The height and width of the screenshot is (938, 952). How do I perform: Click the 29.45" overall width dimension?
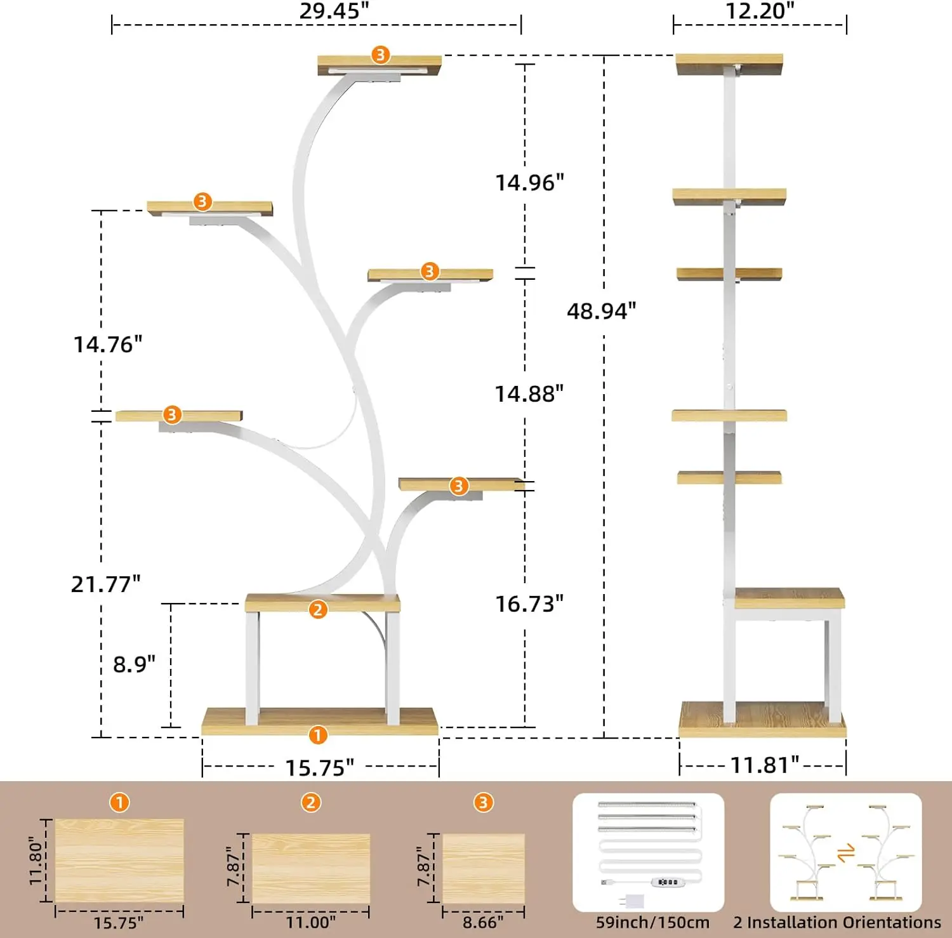(x=334, y=11)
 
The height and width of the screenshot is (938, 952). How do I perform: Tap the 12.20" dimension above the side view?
(x=760, y=11)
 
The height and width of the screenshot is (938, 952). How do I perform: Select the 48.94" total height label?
(x=601, y=311)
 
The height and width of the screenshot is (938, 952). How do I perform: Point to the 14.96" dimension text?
(x=529, y=183)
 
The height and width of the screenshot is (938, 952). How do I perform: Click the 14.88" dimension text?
(x=529, y=394)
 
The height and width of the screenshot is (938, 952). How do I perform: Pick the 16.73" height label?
(x=529, y=604)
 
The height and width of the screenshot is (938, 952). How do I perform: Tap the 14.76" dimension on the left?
(x=108, y=345)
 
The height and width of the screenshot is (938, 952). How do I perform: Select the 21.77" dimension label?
(x=106, y=584)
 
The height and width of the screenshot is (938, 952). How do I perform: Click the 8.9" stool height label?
(x=134, y=664)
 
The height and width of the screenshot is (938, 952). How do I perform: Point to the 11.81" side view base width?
(x=765, y=765)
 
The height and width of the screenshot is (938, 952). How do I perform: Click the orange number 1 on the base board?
(x=318, y=736)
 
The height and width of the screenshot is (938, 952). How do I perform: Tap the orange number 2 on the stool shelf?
(x=318, y=610)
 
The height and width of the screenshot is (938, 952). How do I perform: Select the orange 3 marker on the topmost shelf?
(x=380, y=55)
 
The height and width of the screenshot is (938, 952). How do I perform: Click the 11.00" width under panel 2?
(x=310, y=922)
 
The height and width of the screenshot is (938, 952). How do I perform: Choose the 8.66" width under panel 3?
(x=483, y=922)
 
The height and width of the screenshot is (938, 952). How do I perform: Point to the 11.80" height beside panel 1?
(x=36, y=860)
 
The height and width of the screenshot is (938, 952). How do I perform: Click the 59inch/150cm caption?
(x=652, y=923)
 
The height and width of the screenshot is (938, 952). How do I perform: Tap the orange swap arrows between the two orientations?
(x=846, y=854)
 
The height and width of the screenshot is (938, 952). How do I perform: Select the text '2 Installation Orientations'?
(x=837, y=922)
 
